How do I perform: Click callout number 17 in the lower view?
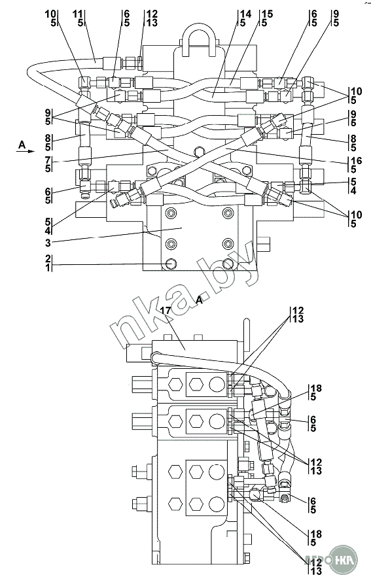coord(165,311)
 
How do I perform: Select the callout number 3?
coord(48,243)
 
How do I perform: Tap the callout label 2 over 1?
coord(48,263)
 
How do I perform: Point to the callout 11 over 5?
coord(79,18)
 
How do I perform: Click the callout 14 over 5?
coord(245,18)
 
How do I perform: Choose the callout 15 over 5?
coord(268,18)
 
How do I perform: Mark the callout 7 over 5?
coord(48,164)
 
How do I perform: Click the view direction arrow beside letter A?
coord(25,150)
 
